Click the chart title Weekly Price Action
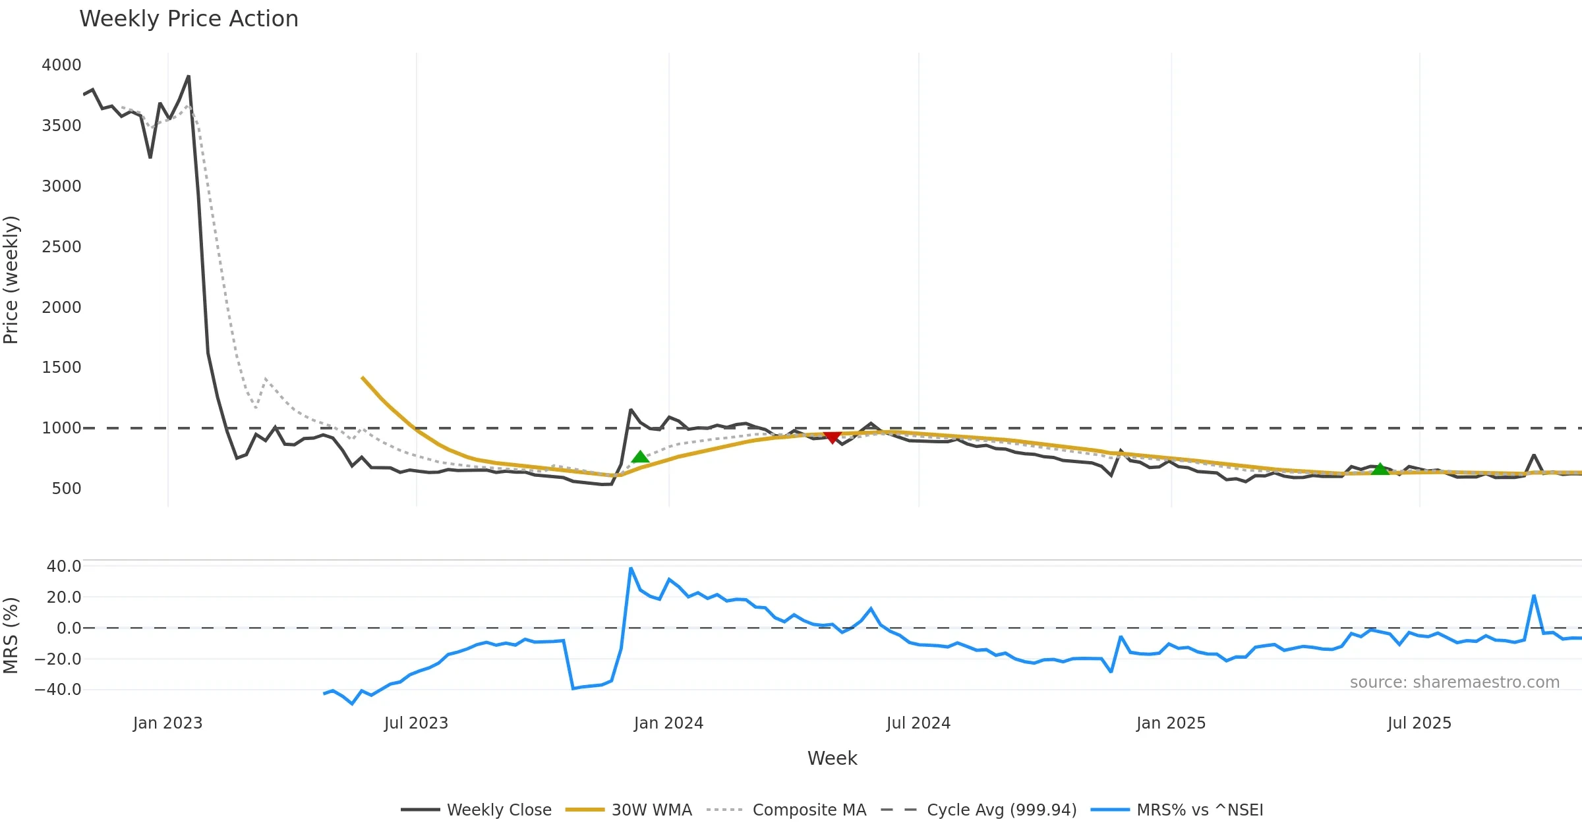point(189,19)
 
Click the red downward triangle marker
point(833,437)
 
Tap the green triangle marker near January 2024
point(640,457)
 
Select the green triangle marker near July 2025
point(1380,469)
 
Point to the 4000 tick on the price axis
point(61,65)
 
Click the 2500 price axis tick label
point(61,247)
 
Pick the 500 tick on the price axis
point(66,489)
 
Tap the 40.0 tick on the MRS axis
point(64,567)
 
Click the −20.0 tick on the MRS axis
point(58,659)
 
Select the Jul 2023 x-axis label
point(416,723)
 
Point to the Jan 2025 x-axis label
point(1171,723)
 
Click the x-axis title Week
point(832,759)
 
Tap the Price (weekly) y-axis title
point(11,280)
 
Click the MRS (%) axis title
point(11,636)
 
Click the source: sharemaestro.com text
point(1454,682)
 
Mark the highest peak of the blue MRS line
point(631,568)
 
